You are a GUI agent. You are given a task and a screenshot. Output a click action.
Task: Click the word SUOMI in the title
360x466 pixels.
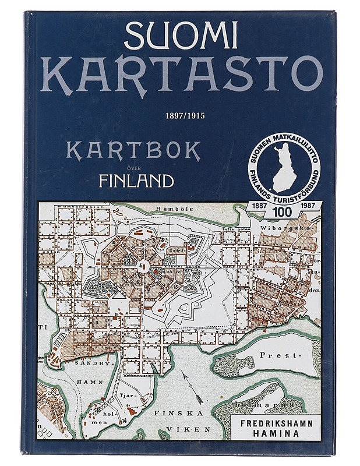(x=181, y=37)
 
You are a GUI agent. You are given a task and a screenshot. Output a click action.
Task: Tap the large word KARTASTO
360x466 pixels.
(x=181, y=75)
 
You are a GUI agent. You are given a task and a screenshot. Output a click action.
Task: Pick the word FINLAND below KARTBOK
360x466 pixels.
(x=136, y=181)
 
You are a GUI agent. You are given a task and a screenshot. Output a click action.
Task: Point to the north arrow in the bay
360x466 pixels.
(x=193, y=389)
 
